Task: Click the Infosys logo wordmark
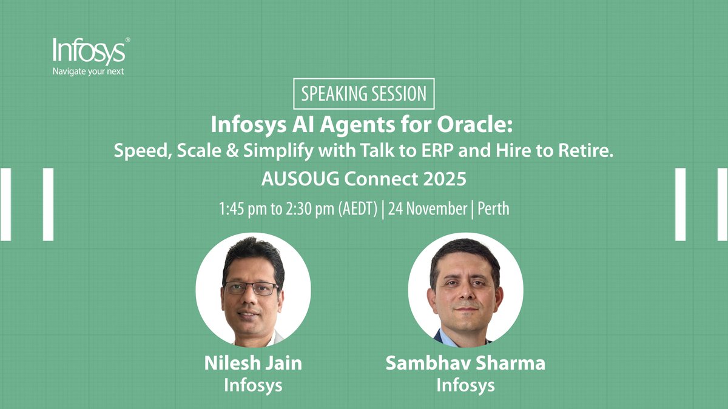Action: pos(89,52)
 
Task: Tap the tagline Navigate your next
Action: pos(89,72)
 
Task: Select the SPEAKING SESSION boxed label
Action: pos(364,94)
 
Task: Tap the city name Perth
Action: pos(493,210)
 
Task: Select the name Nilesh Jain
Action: pos(253,364)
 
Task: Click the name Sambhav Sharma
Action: pos(465,364)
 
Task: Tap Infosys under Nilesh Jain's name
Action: pos(253,385)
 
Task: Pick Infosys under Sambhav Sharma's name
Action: pos(465,385)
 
